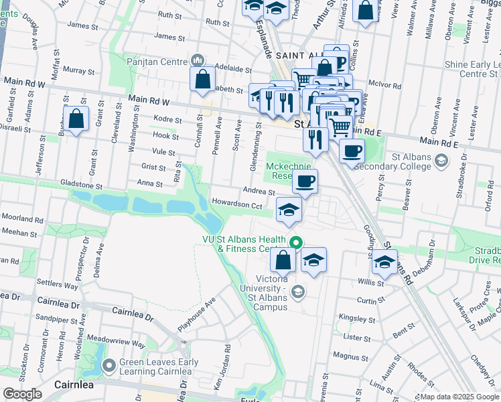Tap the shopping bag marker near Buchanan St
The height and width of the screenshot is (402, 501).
click(76, 119)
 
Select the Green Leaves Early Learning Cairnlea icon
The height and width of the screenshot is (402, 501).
click(110, 366)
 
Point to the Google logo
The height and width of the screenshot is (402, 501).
click(22, 394)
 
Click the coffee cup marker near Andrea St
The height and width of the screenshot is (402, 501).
click(305, 181)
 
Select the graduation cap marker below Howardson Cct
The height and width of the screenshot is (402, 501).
click(289, 210)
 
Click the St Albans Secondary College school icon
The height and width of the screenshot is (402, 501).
click(441, 160)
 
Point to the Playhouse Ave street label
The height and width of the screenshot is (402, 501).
click(196, 314)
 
